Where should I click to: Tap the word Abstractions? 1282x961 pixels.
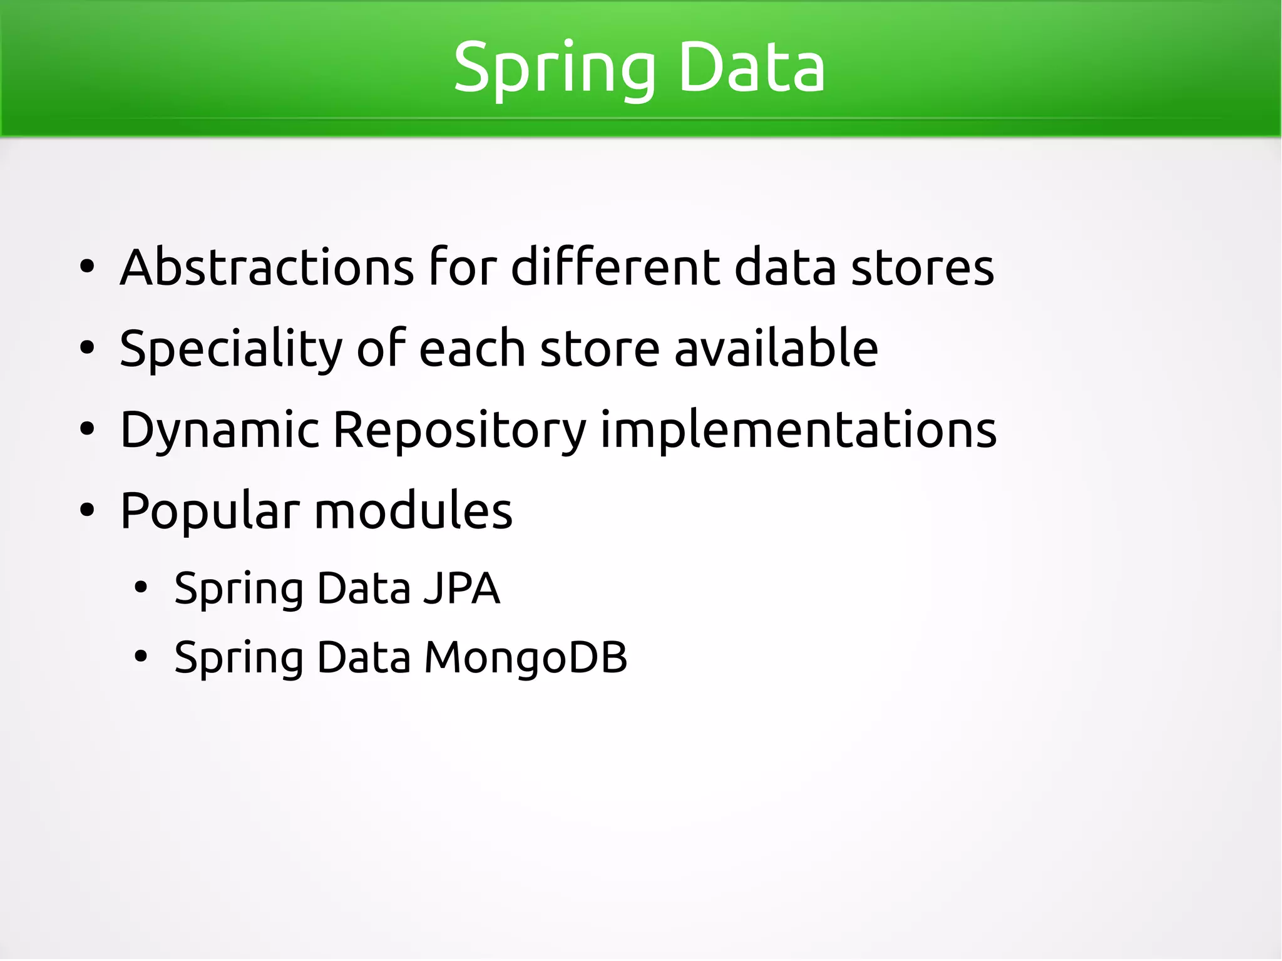(x=267, y=267)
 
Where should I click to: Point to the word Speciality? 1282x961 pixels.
(x=230, y=349)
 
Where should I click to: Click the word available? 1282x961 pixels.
(x=776, y=348)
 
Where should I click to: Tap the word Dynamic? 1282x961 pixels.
(x=220, y=430)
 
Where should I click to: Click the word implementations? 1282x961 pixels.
(x=798, y=430)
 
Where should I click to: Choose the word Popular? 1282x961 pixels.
(x=210, y=511)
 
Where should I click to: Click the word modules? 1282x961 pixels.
(x=413, y=511)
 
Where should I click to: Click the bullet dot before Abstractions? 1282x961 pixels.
(x=87, y=268)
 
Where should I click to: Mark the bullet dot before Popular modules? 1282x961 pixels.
(x=87, y=511)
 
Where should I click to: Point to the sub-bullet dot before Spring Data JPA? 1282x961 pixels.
(x=141, y=588)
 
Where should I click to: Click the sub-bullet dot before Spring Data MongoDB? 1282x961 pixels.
(x=141, y=657)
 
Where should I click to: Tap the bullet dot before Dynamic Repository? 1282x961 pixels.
(x=87, y=430)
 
